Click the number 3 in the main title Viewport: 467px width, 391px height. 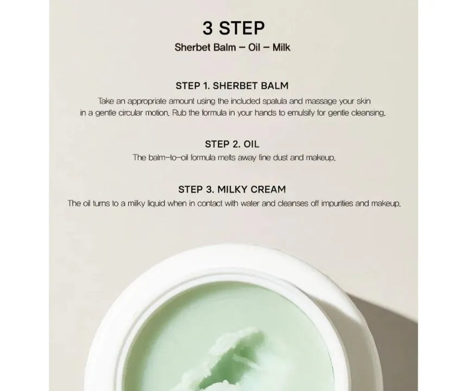[x=207, y=28]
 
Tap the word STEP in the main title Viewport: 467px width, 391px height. [x=242, y=28]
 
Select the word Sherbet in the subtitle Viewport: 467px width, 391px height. [x=189, y=47]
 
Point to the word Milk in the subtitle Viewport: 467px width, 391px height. [x=281, y=47]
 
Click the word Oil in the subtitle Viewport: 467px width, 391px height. [x=254, y=47]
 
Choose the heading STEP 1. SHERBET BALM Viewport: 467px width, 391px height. [x=232, y=86]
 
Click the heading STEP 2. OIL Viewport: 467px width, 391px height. [x=232, y=144]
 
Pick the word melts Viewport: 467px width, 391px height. [x=226, y=157]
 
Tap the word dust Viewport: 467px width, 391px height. [x=280, y=157]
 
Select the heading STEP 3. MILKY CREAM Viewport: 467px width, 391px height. [x=232, y=190]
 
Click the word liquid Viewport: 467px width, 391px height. [x=156, y=204]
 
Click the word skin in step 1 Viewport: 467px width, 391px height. [x=364, y=101]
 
